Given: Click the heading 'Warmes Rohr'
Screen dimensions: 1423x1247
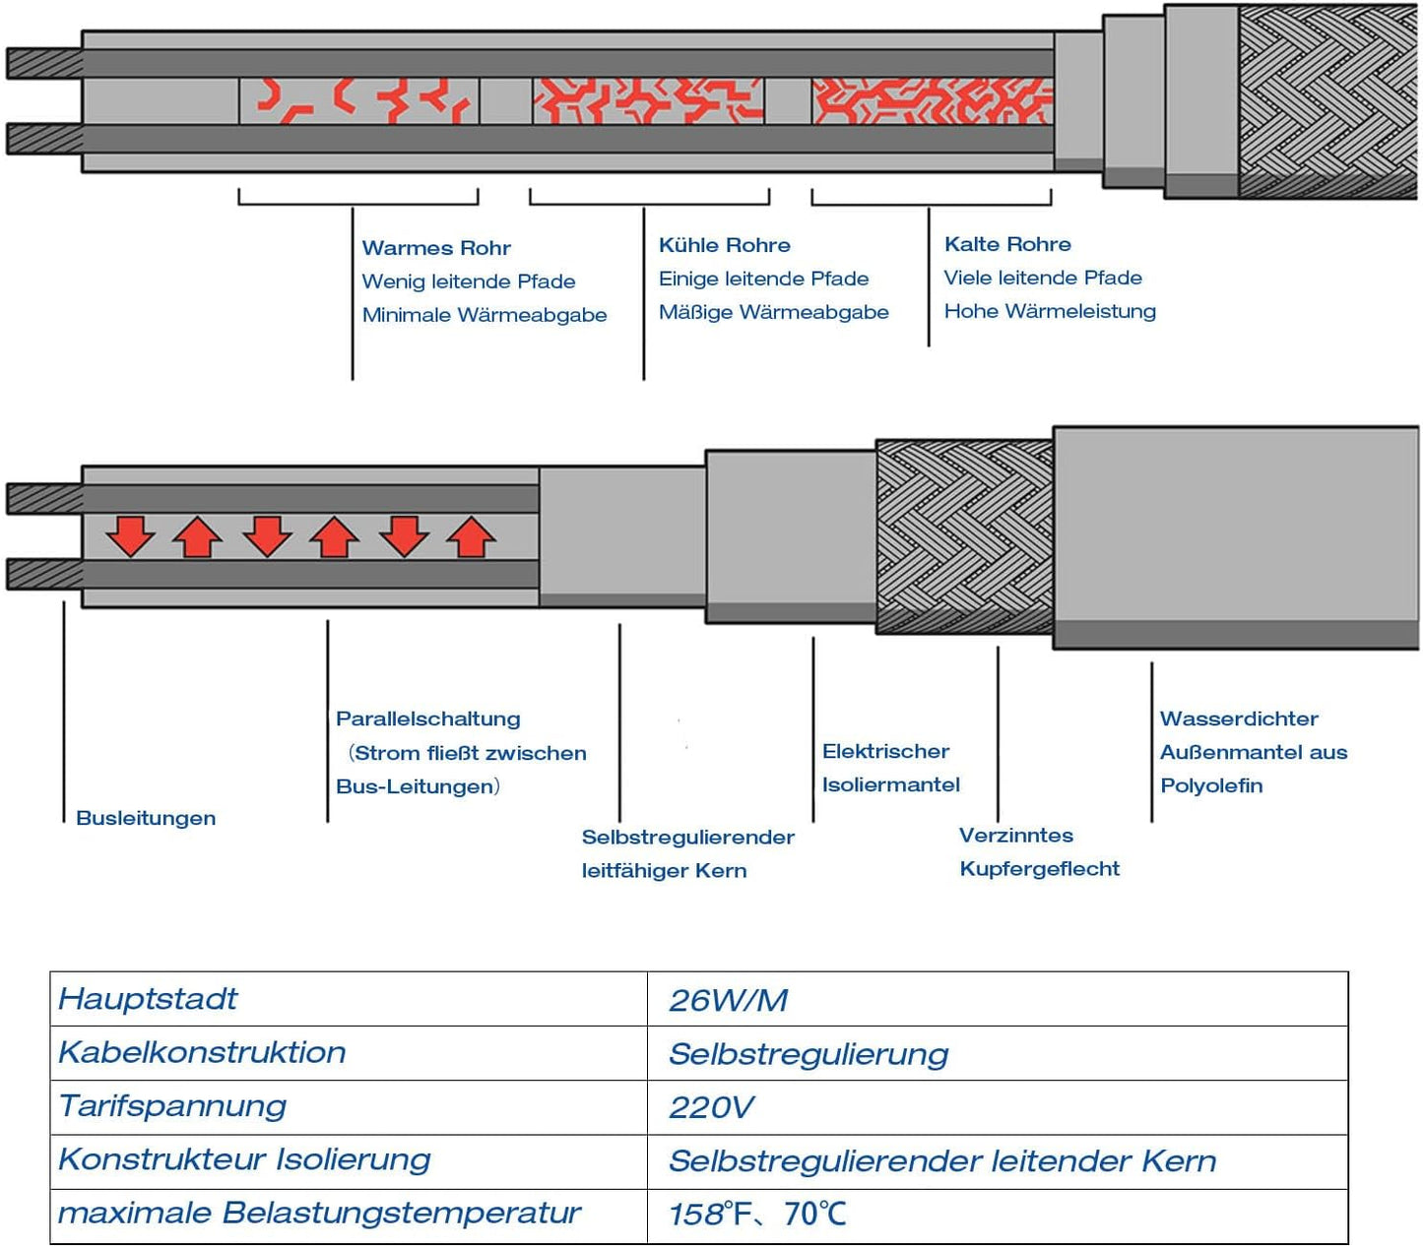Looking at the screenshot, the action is point(436,248).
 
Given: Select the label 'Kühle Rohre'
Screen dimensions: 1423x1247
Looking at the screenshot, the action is point(724,245).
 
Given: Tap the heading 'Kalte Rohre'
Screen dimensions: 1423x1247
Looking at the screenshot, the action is point(1007,244).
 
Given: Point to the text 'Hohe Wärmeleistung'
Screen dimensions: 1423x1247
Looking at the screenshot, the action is point(1050,311).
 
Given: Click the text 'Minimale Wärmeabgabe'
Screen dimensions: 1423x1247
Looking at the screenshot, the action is point(484,315).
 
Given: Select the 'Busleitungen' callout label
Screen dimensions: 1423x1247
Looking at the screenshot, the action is point(146,818).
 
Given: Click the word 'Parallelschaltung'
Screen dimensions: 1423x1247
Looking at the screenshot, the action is point(427,719).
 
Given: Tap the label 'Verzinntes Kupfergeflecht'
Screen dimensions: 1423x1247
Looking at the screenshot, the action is point(1039,851).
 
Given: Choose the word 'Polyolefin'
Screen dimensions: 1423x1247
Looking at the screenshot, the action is point(1211,785).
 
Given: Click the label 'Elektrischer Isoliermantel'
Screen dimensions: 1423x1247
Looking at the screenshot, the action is point(890,768).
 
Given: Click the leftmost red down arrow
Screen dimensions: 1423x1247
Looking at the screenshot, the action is point(131,536).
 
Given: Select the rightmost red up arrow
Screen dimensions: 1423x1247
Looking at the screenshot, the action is point(472,537).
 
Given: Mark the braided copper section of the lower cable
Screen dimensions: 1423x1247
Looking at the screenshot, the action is point(964,537).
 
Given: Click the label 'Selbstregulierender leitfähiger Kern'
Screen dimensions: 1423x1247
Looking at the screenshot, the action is point(687,853).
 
